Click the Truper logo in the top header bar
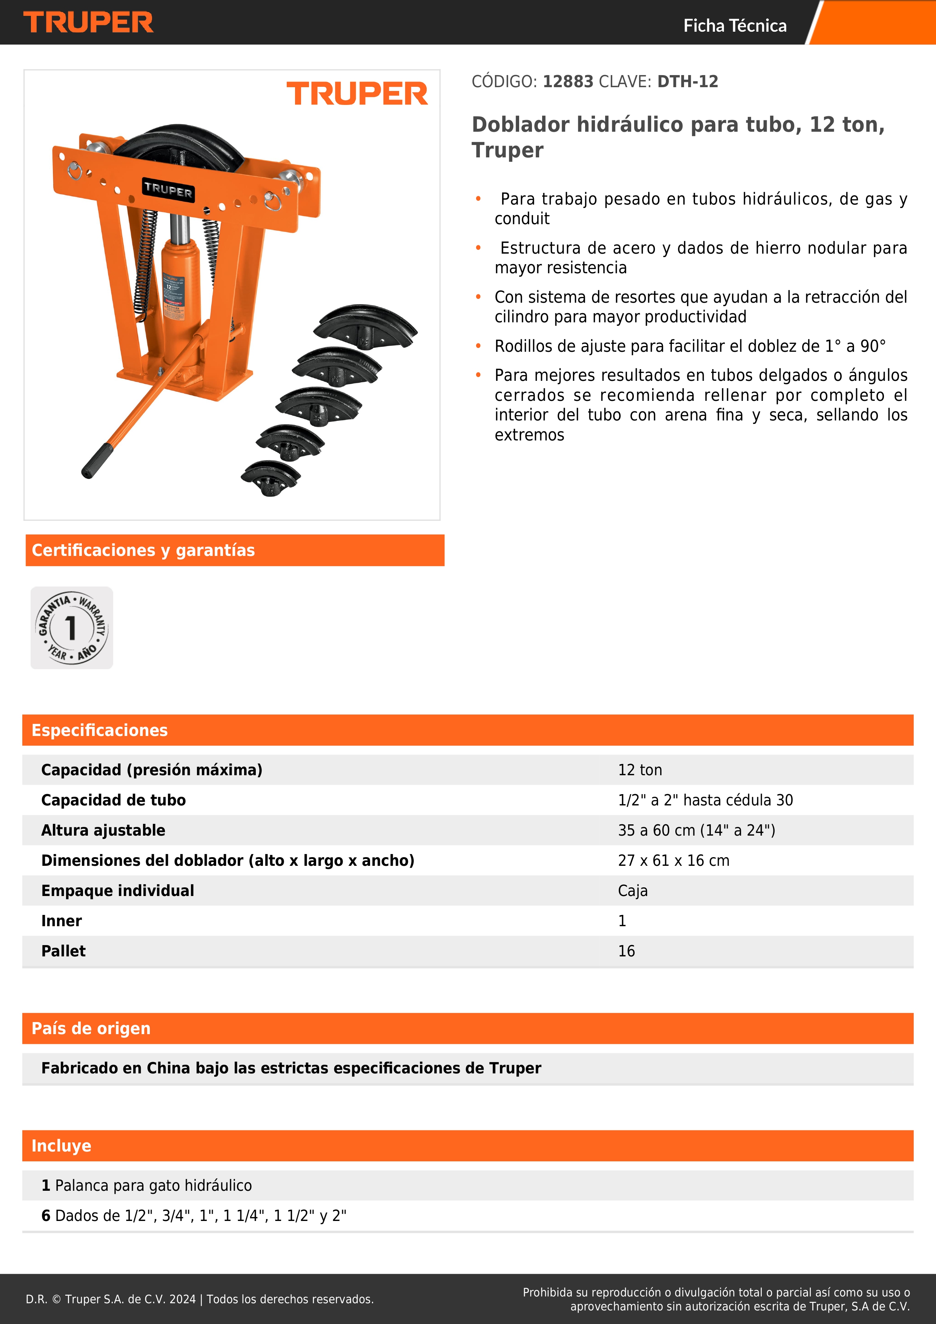pos(88,23)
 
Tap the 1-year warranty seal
pos(71,628)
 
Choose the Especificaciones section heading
pos(100,730)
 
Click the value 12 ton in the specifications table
pos(640,770)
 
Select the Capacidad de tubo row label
pos(114,800)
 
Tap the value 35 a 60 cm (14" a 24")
pos(696,830)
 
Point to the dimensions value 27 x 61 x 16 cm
pos(673,861)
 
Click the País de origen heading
pos(91,1028)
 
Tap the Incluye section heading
pos(61,1146)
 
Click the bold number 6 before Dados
pos(46,1216)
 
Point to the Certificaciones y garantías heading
pos(143,550)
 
